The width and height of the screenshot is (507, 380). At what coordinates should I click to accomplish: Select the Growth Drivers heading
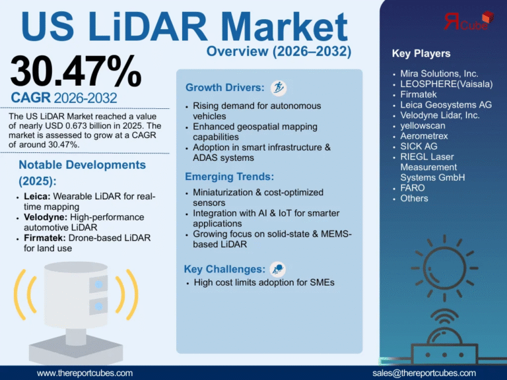pyautogui.click(x=224, y=88)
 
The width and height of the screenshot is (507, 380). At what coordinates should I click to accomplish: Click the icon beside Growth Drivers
pyautogui.click(x=279, y=87)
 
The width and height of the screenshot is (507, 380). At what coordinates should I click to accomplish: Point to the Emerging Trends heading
pyautogui.click(x=230, y=177)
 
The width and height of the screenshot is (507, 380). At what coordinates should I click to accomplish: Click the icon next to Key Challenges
pyautogui.click(x=278, y=269)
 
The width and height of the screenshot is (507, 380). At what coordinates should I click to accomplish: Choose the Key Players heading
pyautogui.click(x=421, y=53)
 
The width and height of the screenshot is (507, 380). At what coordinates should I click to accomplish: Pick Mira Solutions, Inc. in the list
pyautogui.click(x=439, y=73)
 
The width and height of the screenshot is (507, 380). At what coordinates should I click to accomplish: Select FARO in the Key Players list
pyautogui.click(x=413, y=187)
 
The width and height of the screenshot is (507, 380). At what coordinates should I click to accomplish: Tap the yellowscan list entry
pyautogui.click(x=423, y=125)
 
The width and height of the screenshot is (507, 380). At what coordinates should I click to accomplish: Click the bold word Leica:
pyautogui.click(x=37, y=197)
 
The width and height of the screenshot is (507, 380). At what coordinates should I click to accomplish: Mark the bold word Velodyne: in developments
pyautogui.click(x=46, y=217)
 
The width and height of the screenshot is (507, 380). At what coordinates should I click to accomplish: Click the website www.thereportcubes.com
pyautogui.click(x=84, y=373)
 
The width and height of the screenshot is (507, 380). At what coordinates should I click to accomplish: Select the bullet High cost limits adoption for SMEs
pyautogui.click(x=264, y=282)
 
